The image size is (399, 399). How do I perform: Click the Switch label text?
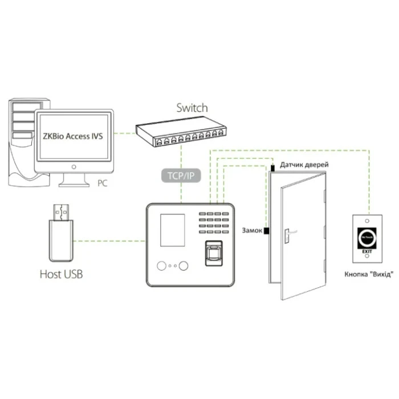pyautogui.click(x=192, y=108)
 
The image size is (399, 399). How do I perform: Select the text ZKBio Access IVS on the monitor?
pyautogui.click(x=72, y=137)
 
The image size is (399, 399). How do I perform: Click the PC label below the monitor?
pyautogui.click(x=103, y=184)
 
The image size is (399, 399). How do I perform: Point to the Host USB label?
pyautogui.click(x=61, y=274)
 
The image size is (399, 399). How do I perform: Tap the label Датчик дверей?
pyautogui.click(x=304, y=164)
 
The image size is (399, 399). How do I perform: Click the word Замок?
pyautogui.click(x=252, y=230)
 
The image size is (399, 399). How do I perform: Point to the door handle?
pyautogui.click(x=290, y=232)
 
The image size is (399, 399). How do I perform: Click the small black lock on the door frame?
pyautogui.click(x=266, y=231)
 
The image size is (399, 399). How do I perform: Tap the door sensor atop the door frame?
pyautogui.click(x=272, y=168)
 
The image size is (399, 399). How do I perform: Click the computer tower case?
pyautogui.click(x=22, y=142)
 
